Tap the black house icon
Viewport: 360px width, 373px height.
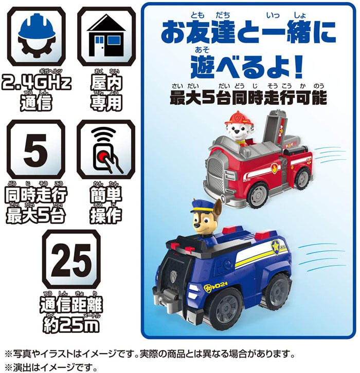click(106, 35)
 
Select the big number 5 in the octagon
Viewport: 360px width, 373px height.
click(35, 150)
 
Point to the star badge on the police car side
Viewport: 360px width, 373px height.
click(275, 247)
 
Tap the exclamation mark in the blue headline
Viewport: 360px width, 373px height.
click(298, 67)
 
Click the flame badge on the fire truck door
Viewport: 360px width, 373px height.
click(275, 169)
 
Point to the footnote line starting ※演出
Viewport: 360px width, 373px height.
click(51, 367)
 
